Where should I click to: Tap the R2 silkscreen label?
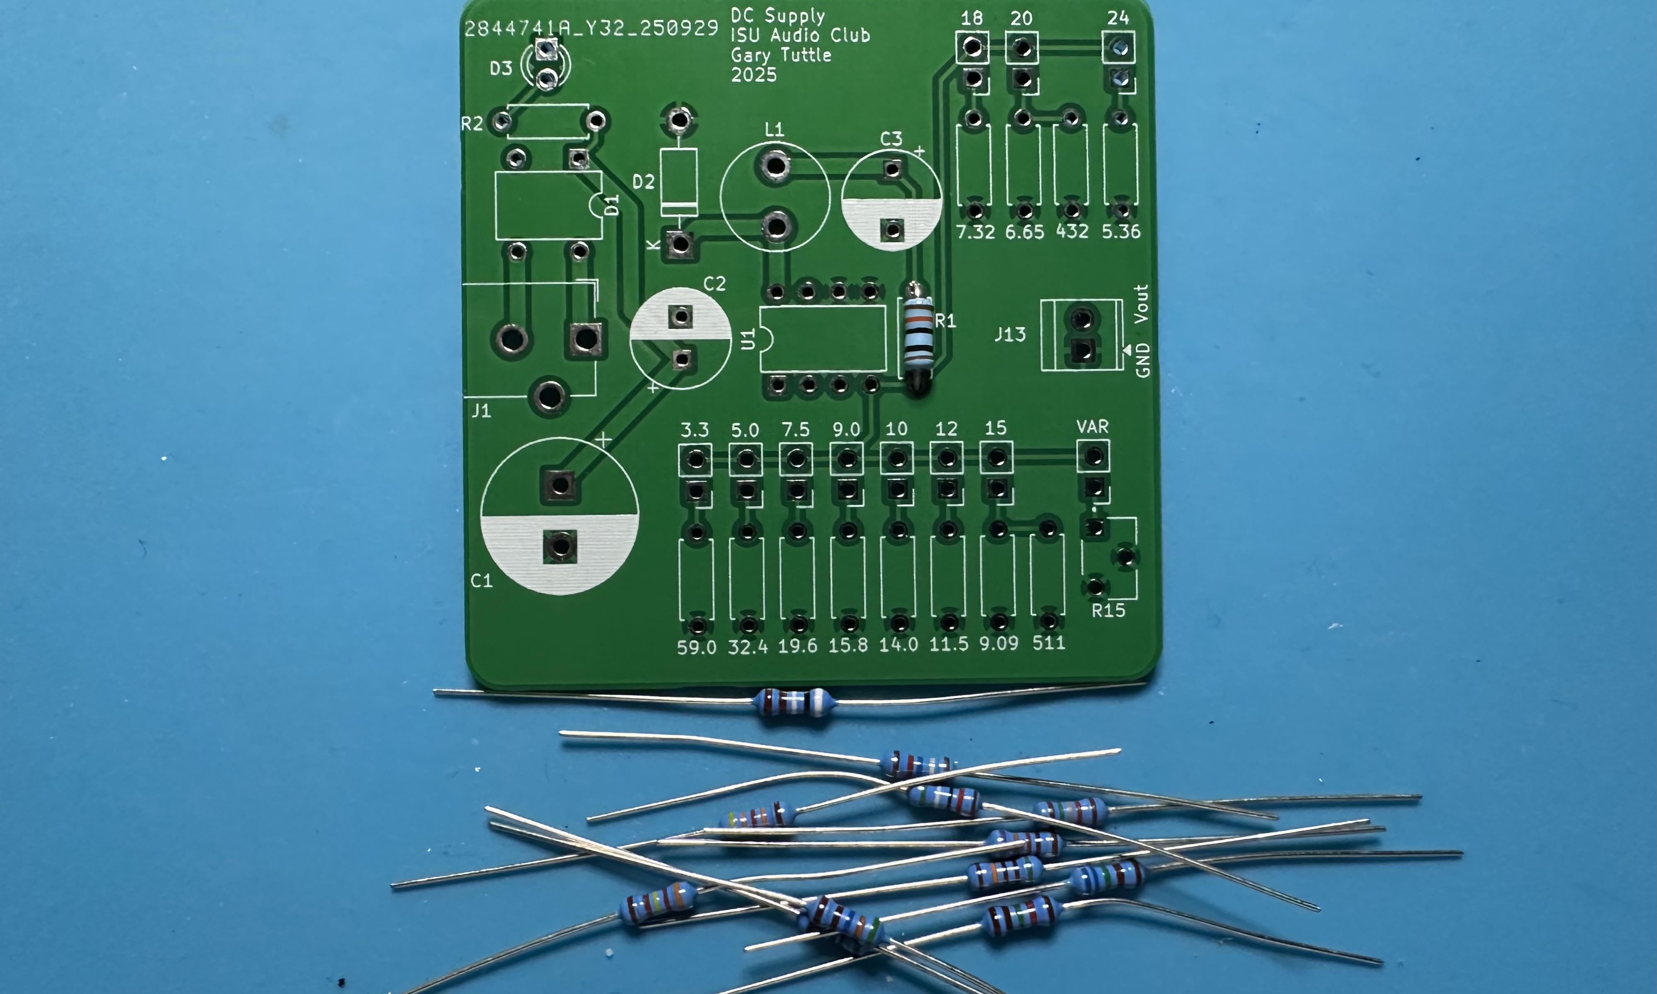tap(472, 124)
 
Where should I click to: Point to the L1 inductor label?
tap(774, 129)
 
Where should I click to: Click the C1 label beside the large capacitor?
tap(482, 580)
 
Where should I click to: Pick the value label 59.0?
tap(697, 647)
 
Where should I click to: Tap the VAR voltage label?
tap(1093, 427)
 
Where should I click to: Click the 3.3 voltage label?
tap(695, 429)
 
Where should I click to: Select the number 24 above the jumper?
tap(1118, 18)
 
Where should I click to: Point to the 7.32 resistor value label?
tap(975, 232)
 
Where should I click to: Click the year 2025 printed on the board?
tap(754, 75)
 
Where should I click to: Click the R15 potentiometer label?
tap(1108, 610)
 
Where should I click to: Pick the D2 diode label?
tap(643, 181)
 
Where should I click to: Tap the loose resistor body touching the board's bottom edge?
tap(794, 702)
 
